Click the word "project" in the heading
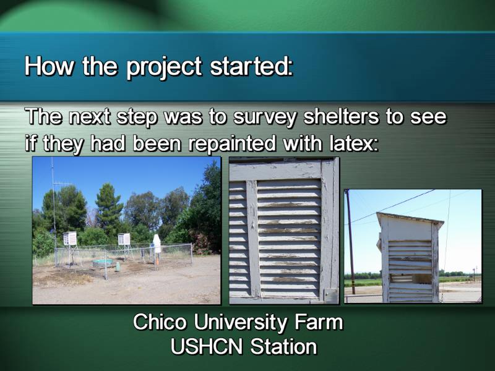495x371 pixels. (164, 67)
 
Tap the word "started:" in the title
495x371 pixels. (252, 66)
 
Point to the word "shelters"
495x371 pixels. (341, 116)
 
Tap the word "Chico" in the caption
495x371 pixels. (160, 322)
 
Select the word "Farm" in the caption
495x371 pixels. (319, 322)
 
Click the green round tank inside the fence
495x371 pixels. (103, 263)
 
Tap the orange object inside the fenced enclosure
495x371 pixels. (157, 260)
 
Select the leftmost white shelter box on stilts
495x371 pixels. (70, 239)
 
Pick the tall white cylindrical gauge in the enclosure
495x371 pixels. (157, 243)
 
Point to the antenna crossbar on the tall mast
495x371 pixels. (62, 184)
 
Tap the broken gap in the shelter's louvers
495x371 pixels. (410, 278)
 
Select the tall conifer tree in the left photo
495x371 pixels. (109, 208)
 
